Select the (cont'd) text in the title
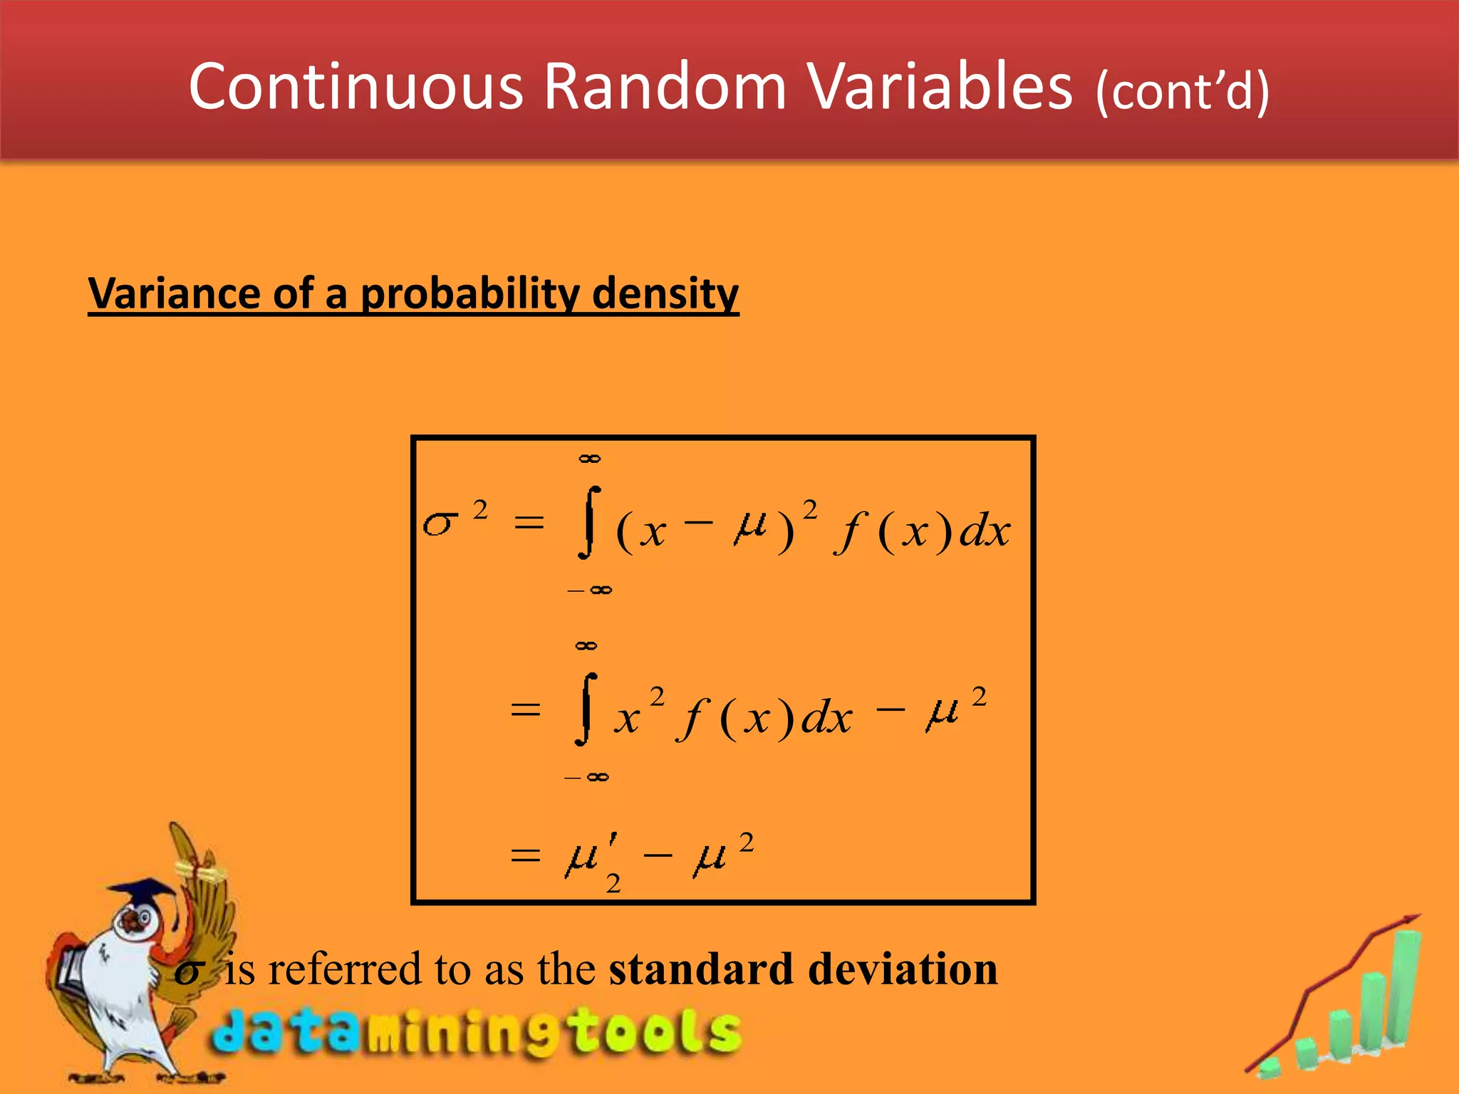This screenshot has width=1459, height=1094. click(x=1182, y=91)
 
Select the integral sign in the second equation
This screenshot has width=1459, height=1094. click(x=586, y=709)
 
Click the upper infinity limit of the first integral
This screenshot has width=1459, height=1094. click(x=589, y=459)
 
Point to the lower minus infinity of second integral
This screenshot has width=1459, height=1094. click(x=586, y=777)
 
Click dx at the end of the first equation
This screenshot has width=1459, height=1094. click(x=985, y=531)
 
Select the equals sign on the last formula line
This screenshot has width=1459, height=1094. click(x=526, y=855)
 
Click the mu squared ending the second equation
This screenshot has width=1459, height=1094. click(x=953, y=709)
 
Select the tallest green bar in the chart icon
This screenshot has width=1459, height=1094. click(x=1404, y=990)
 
